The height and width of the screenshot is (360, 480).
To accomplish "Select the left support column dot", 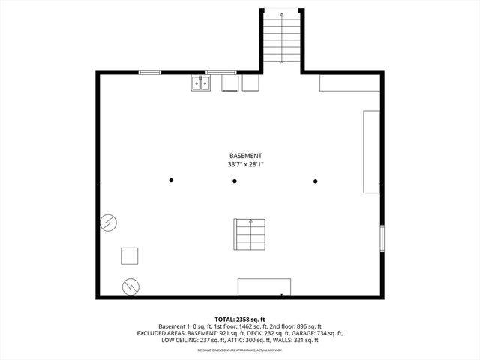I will click(171, 180).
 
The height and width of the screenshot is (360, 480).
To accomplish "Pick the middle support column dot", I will click(234, 180).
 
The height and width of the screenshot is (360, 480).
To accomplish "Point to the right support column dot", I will click(315, 180).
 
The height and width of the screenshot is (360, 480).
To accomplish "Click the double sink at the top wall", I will click(199, 82).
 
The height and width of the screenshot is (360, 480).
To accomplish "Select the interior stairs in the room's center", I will click(250, 234).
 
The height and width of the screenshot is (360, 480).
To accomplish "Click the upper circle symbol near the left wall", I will click(109, 222).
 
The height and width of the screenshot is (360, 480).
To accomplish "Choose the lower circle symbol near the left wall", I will click(130, 286).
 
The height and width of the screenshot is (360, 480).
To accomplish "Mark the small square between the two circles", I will click(130, 256).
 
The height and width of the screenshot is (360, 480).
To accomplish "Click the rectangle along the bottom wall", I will click(264, 286).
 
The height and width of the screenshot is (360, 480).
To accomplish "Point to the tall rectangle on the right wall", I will click(371, 152).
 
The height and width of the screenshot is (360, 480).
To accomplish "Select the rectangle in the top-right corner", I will click(350, 82).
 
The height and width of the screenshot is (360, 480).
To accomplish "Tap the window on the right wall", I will click(381, 238).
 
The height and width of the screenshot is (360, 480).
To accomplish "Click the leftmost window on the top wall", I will click(150, 72).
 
